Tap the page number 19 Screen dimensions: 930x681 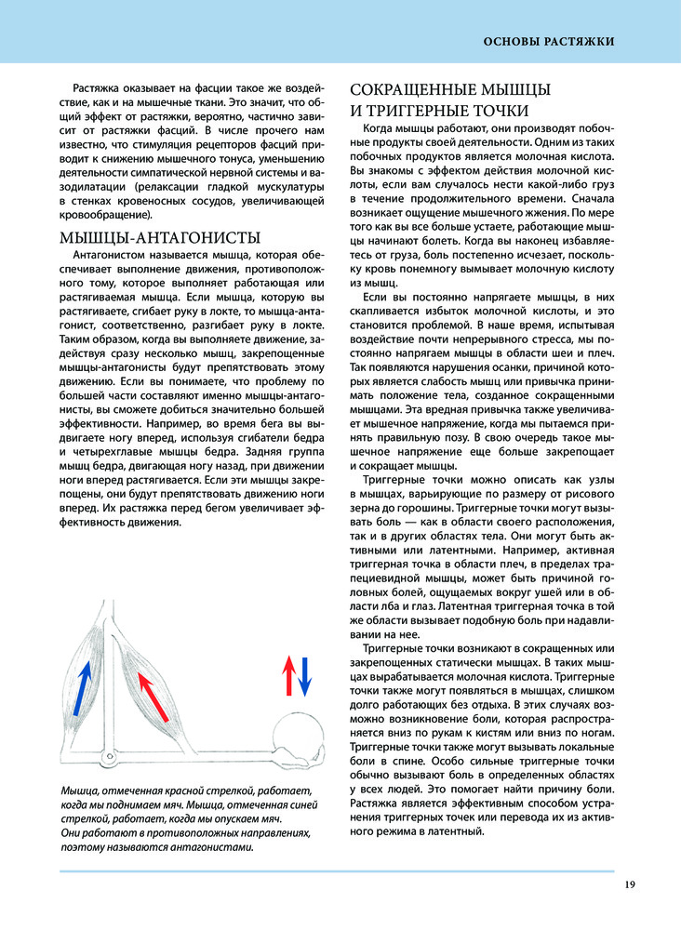pos(630,883)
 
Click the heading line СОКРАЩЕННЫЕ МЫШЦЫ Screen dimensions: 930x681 pos(449,89)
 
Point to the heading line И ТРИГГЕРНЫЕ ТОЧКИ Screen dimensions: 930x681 pos(433,112)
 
